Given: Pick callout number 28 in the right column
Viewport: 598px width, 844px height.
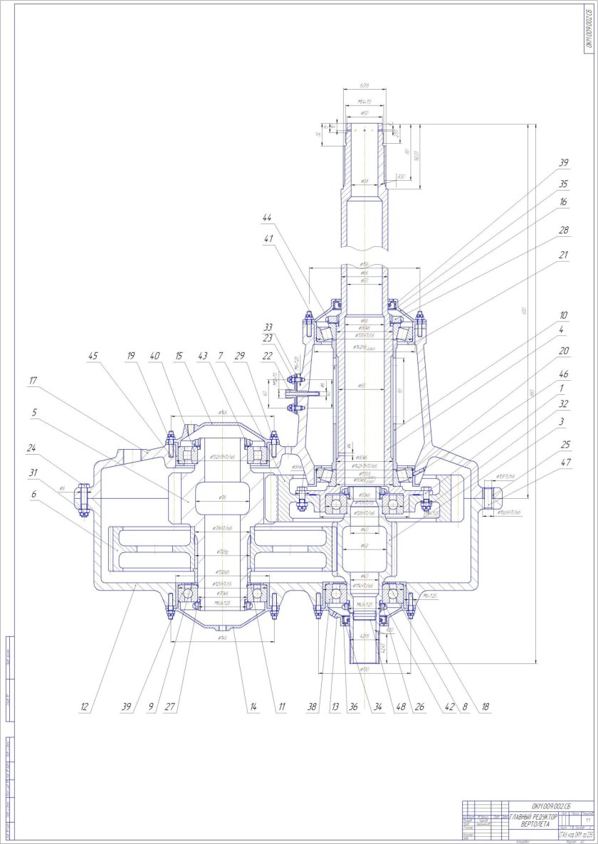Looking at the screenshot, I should [564, 230].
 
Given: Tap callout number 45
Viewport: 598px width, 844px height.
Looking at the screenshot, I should [93, 356].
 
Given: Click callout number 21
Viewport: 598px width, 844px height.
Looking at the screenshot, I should [564, 253].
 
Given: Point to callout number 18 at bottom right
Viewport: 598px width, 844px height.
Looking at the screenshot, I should [486, 708].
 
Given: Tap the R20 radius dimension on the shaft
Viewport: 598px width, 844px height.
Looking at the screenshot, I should [402, 176].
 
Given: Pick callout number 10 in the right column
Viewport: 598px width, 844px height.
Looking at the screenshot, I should [564, 315].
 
